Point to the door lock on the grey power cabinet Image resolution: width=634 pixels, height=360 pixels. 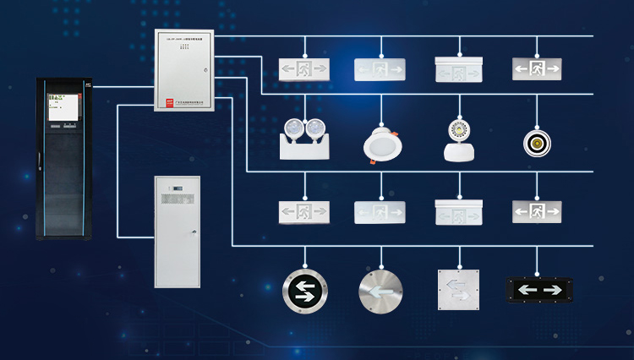(x=194, y=231)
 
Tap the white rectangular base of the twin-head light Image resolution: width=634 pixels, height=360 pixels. (x=303, y=150)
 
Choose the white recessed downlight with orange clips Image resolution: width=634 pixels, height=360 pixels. (x=383, y=143)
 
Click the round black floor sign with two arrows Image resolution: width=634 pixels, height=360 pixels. (x=304, y=290)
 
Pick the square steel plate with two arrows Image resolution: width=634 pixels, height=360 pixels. (x=458, y=290)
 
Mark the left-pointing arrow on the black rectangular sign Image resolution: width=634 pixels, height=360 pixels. (x=526, y=290)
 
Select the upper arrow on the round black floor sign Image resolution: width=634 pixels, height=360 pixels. (x=304, y=283)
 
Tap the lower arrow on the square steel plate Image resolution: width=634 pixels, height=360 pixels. (x=461, y=297)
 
